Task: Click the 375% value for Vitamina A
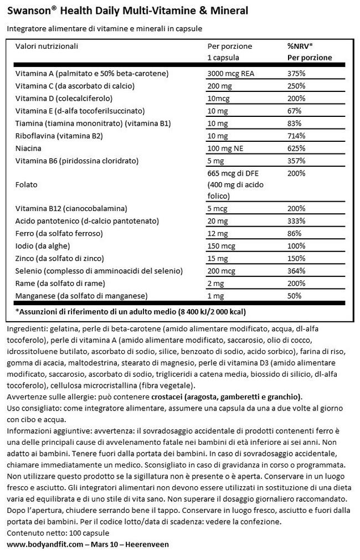[x=296, y=74]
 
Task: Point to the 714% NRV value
[x=296, y=136]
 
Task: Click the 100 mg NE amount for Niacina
[x=224, y=148]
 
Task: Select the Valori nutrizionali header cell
[x=47, y=47]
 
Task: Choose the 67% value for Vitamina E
[x=294, y=111]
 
